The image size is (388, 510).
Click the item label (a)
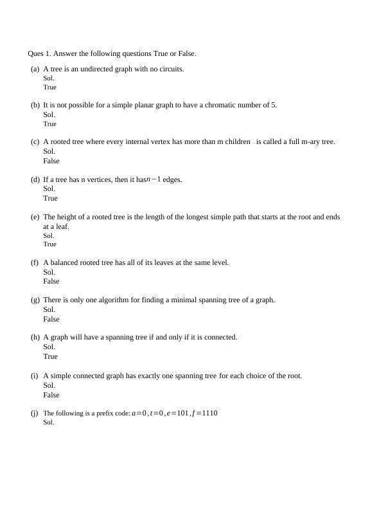(x=35, y=69)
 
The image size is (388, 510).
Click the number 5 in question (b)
(x=274, y=105)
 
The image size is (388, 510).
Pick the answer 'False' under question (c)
(x=51, y=161)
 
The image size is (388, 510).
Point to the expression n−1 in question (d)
(x=154, y=179)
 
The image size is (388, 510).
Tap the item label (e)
(x=35, y=217)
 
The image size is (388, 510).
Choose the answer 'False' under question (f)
(x=51, y=281)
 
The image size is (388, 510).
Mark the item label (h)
(x=35, y=337)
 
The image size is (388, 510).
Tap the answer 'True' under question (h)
(x=50, y=356)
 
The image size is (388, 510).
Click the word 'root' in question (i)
(x=293, y=376)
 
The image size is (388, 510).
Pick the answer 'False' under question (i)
(x=51, y=395)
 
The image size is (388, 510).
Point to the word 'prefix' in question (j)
(x=95, y=413)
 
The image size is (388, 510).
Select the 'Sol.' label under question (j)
(x=49, y=423)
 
